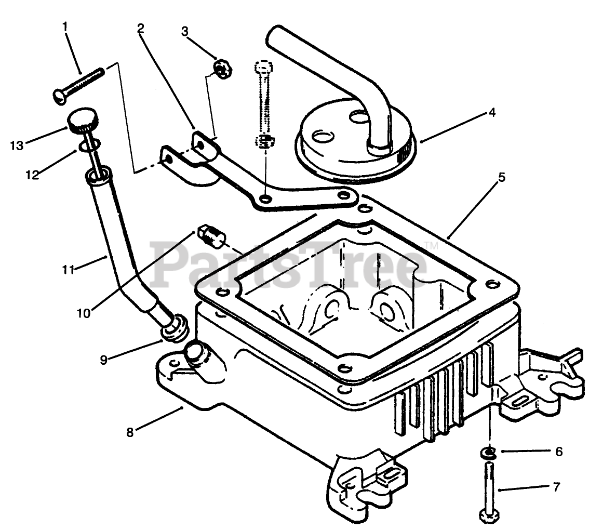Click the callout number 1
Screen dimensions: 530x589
tap(65, 26)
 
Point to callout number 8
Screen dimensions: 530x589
tap(130, 432)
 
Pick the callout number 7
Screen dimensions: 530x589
tap(556, 488)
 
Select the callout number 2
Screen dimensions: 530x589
tap(141, 29)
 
